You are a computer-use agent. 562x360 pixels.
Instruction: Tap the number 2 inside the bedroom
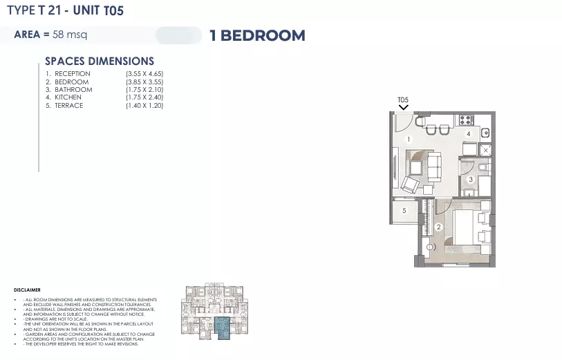point(438,227)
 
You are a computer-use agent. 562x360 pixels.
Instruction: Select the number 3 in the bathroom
point(471,180)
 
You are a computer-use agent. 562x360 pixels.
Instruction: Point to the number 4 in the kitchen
point(468,133)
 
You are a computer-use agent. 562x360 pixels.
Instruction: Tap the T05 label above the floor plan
point(403,100)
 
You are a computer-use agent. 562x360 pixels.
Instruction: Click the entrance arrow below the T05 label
point(403,108)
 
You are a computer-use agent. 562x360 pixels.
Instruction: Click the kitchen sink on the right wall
point(485,133)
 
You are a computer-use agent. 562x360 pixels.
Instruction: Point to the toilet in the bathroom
point(482,165)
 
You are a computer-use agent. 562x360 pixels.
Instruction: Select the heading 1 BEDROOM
point(257,36)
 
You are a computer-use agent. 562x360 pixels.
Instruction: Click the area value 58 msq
point(65,34)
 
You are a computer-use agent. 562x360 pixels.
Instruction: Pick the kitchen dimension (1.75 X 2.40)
point(144,97)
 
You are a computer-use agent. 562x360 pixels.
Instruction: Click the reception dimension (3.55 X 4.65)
point(144,74)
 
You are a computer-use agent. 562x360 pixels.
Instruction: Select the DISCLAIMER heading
point(27,290)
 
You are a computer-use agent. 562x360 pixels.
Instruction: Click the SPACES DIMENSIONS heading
point(100,61)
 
